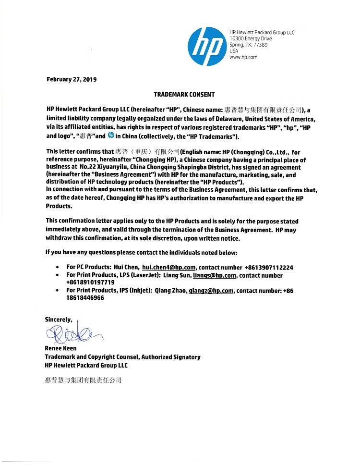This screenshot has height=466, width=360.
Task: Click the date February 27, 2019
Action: pos(72,79)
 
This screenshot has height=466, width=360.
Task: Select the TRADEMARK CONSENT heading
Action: pos(184,95)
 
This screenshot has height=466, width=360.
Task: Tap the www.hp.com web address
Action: pos(243,57)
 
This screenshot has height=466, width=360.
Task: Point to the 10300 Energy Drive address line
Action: pos(251,38)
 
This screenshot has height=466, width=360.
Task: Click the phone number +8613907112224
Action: pos(269,268)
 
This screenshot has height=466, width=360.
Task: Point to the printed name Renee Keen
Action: pos(60,348)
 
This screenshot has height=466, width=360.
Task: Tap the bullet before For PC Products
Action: pos(58,268)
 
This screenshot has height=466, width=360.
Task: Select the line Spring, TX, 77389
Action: pos(248,45)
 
